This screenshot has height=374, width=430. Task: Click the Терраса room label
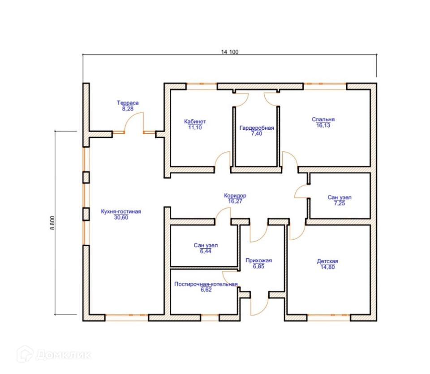click(128, 103)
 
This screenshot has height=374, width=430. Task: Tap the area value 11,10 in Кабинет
click(195, 128)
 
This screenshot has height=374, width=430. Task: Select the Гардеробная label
click(257, 128)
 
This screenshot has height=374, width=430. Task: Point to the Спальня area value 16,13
click(323, 125)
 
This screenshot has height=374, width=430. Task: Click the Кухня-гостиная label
click(121, 211)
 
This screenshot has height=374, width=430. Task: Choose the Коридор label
click(235, 195)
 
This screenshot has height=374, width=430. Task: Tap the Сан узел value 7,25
click(340, 203)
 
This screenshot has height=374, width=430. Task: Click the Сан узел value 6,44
click(206, 251)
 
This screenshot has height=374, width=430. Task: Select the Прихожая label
click(258, 260)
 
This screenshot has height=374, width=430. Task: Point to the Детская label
click(327, 261)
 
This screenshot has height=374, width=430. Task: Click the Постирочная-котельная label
click(206, 284)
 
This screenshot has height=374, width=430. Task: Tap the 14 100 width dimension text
click(230, 52)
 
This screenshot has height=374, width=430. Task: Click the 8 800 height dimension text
click(52, 223)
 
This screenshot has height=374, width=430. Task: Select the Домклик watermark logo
click(54, 354)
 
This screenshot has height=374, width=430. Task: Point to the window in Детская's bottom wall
click(328, 317)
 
